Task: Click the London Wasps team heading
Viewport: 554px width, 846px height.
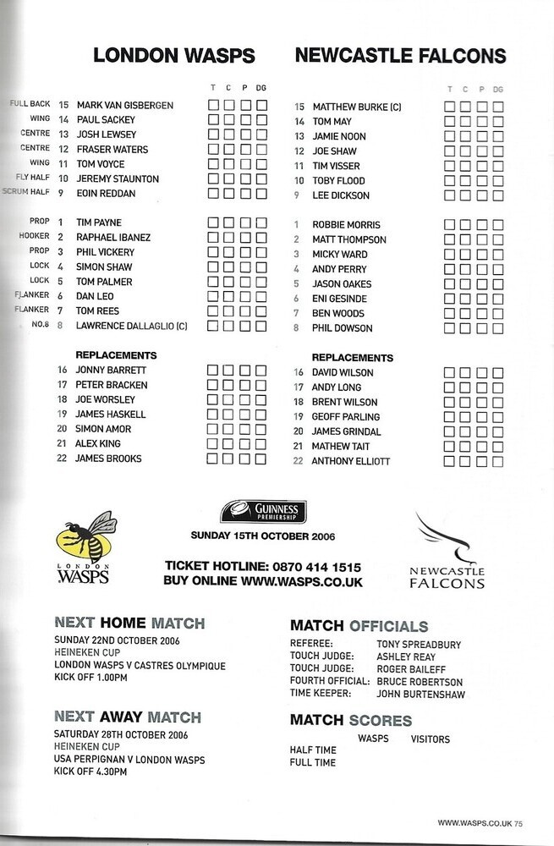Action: coord(173,56)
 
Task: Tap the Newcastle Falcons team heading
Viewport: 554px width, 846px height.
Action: coord(400,57)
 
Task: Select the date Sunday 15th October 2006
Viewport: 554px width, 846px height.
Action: coord(264,536)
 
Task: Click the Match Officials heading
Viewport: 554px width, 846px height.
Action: coord(359,627)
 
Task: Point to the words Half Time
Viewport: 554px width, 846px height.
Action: coord(313,750)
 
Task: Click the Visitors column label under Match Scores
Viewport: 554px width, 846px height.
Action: coord(430,739)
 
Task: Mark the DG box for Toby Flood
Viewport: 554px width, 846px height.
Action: coord(498,180)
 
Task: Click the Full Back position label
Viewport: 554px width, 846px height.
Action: coord(31,105)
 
